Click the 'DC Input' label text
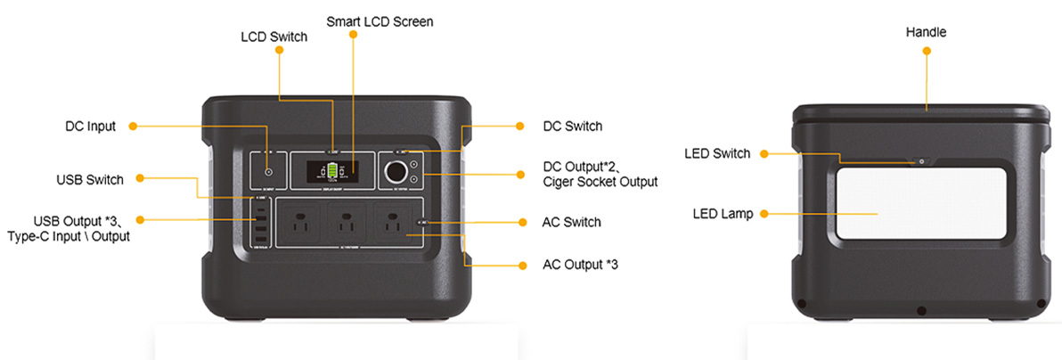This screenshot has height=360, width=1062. (90, 127)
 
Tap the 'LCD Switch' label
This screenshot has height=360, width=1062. (274, 37)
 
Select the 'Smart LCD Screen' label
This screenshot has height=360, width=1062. (380, 20)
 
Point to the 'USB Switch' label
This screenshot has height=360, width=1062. (90, 180)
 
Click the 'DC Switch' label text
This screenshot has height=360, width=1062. (572, 127)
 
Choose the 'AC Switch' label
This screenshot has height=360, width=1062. (572, 222)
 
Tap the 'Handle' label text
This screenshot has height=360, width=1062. (926, 32)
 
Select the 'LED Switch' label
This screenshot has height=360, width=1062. (717, 153)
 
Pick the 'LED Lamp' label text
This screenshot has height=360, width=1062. (723, 214)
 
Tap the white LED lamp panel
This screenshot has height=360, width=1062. (921, 203)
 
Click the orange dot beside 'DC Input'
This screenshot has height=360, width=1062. (133, 127)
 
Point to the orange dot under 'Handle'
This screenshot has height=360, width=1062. (926, 52)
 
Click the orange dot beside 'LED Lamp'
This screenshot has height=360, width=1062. (764, 214)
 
